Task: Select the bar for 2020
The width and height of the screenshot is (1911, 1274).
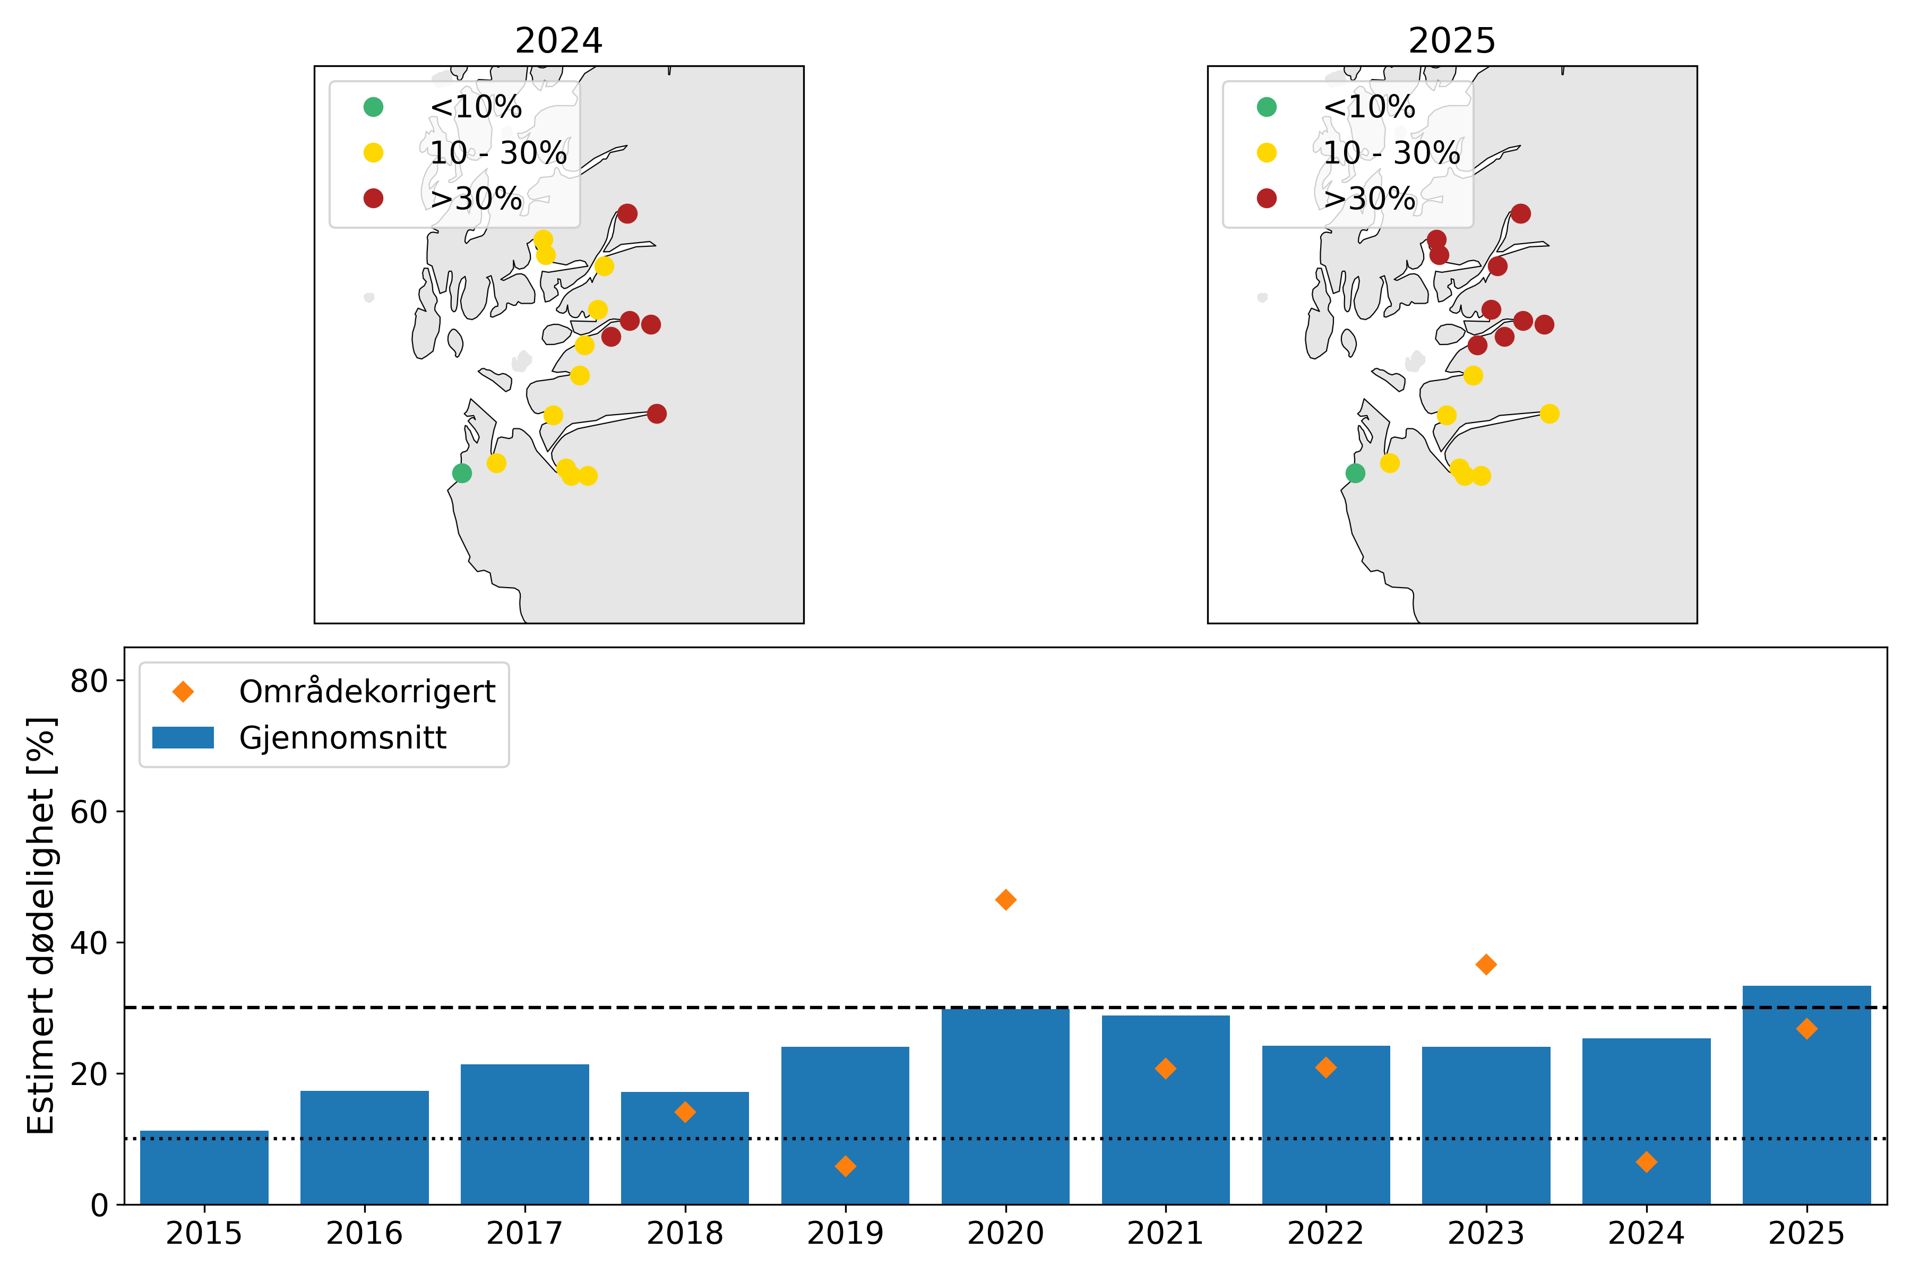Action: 1005,1106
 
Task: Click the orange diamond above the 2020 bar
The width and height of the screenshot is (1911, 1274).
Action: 1005,899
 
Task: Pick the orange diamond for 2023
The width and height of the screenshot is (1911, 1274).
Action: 1486,965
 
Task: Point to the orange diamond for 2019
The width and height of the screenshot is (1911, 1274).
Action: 845,1166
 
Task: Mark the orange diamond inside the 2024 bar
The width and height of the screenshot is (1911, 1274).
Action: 1646,1162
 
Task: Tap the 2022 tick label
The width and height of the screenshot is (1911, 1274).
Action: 1325,1233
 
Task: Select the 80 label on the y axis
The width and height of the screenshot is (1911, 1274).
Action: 89,681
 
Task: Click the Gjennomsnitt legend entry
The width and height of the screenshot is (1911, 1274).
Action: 342,738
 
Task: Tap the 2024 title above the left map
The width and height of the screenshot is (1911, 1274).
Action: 559,41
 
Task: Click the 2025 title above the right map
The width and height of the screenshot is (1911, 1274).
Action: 1452,41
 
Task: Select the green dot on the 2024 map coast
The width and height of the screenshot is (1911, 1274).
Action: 461,473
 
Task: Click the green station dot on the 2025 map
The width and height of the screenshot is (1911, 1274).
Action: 1355,473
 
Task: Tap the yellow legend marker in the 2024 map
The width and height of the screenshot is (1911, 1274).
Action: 373,153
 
